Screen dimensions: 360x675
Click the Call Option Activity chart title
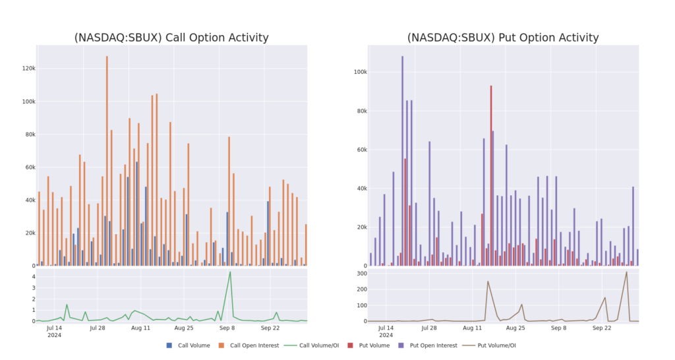(172, 38)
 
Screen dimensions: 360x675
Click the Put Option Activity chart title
(503, 38)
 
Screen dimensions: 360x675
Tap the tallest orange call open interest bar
(107, 158)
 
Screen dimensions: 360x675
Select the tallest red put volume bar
(491, 175)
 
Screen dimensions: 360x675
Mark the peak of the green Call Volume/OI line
(230, 272)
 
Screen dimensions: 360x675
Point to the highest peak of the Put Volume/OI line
(626, 272)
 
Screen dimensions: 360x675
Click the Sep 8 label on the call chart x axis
(227, 327)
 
